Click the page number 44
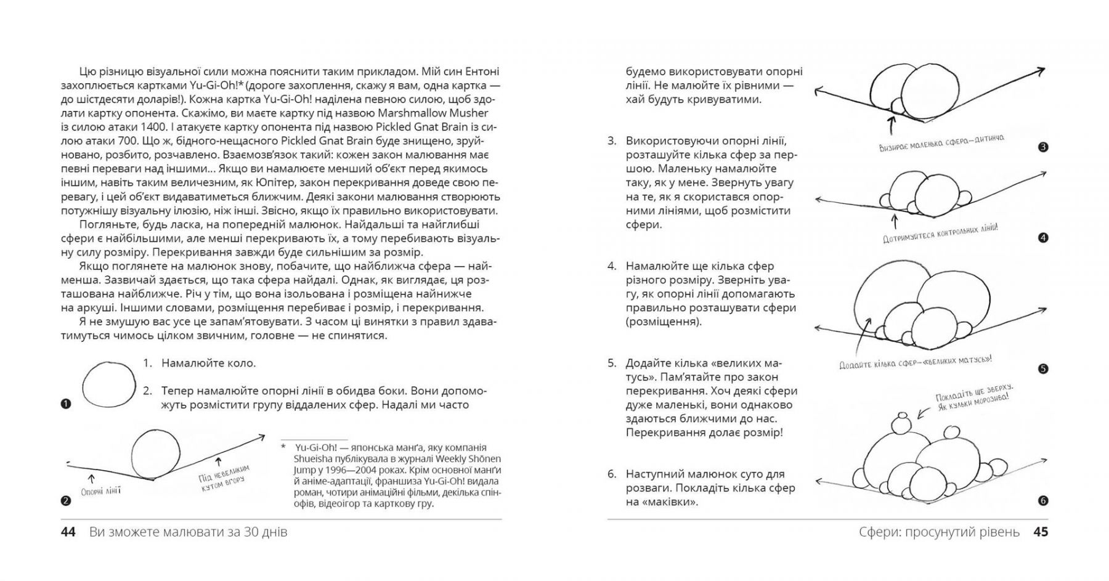coord(68,532)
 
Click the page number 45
coord(1040,532)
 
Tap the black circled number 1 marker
coord(67,404)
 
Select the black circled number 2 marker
coord(67,501)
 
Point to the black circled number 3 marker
coord(1042,147)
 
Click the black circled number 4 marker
coord(1042,238)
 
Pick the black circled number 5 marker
coord(1042,369)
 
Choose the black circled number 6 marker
coord(1042,501)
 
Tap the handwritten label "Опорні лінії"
coord(100,491)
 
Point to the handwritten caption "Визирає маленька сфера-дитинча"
coord(941,144)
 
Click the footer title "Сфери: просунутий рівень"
coord(939,532)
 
